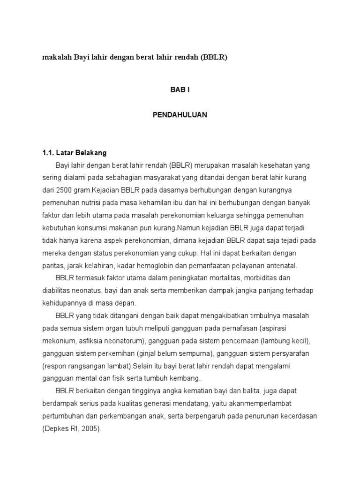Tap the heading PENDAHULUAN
tap(180, 114)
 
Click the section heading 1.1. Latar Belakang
tap(75, 152)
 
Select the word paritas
tap(52, 265)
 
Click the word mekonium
tap(57, 340)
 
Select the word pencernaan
tap(237, 340)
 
